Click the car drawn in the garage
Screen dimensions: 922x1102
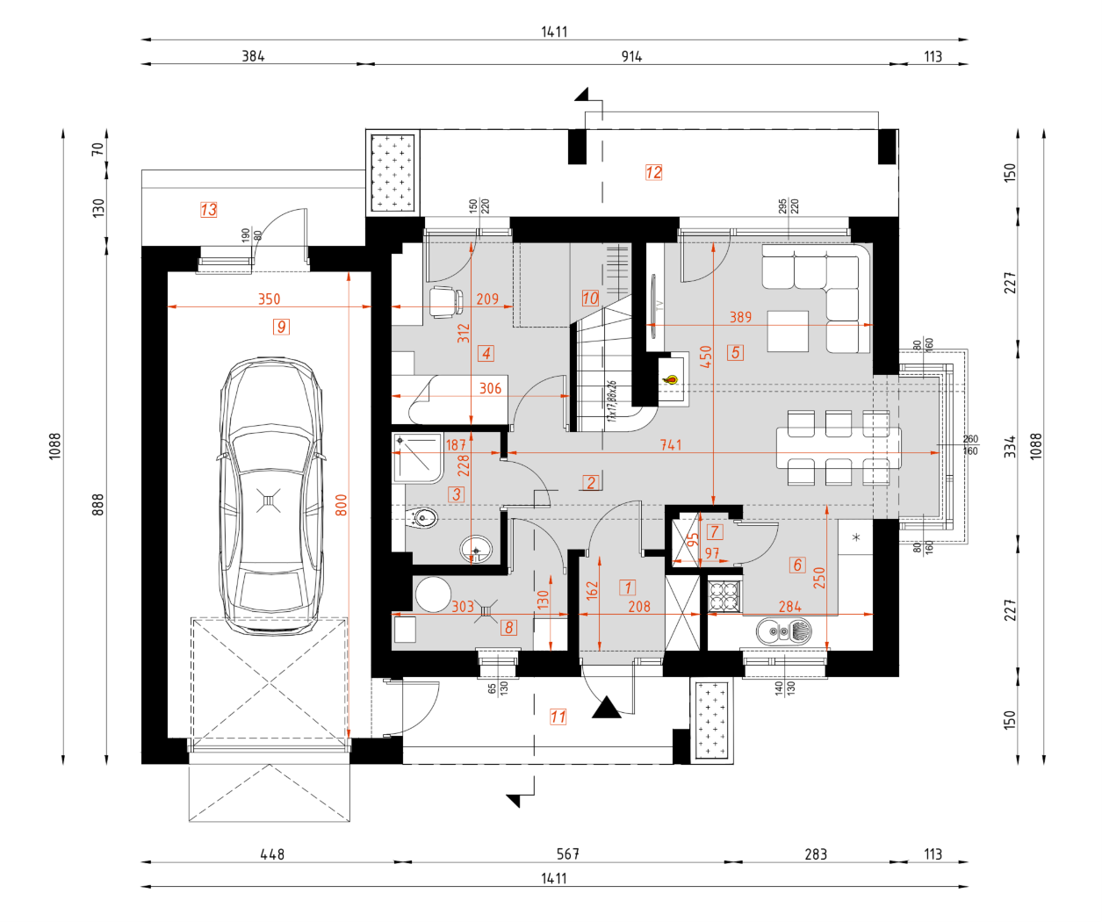[270, 496]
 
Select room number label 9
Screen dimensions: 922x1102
[281, 327]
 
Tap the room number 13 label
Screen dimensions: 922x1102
[208, 210]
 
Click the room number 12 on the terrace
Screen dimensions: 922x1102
[653, 172]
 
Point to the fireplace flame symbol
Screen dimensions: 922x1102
[672, 380]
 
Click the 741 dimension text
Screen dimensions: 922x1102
[671, 445]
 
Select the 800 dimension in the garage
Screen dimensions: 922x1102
[342, 505]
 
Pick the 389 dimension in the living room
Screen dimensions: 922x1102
[740, 317]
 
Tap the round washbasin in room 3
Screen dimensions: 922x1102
[476, 550]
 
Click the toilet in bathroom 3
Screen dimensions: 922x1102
[422, 518]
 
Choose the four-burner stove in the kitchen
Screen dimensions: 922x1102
[724, 595]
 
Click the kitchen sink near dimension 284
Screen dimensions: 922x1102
[784, 630]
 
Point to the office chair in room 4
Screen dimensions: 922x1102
[444, 301]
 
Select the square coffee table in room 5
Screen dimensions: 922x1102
[788, 331]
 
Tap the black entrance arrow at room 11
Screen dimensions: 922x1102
[606, 708]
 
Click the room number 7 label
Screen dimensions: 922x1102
[715, 532]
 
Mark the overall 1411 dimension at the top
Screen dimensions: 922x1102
[554, 32]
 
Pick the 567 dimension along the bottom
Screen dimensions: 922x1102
[568, 854]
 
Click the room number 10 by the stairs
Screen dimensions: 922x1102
[590, 299]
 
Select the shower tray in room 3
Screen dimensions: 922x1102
[418, 457]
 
